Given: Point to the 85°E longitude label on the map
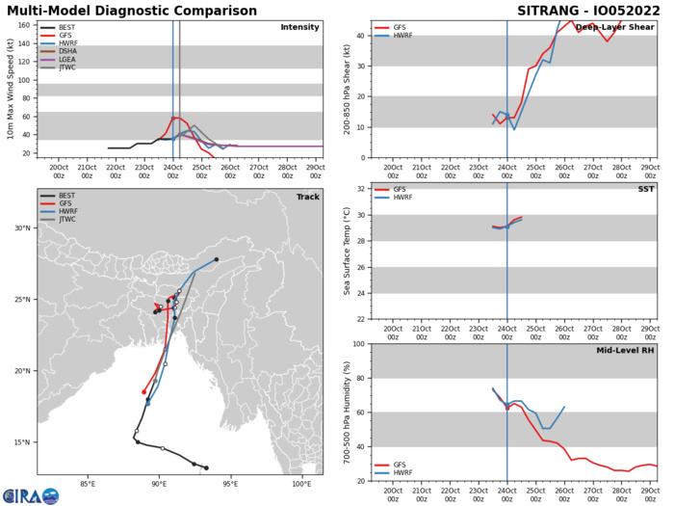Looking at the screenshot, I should coord(88,484).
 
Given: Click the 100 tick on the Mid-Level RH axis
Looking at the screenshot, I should coord(359,344).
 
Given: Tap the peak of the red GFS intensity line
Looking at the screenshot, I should coord(174,118).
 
